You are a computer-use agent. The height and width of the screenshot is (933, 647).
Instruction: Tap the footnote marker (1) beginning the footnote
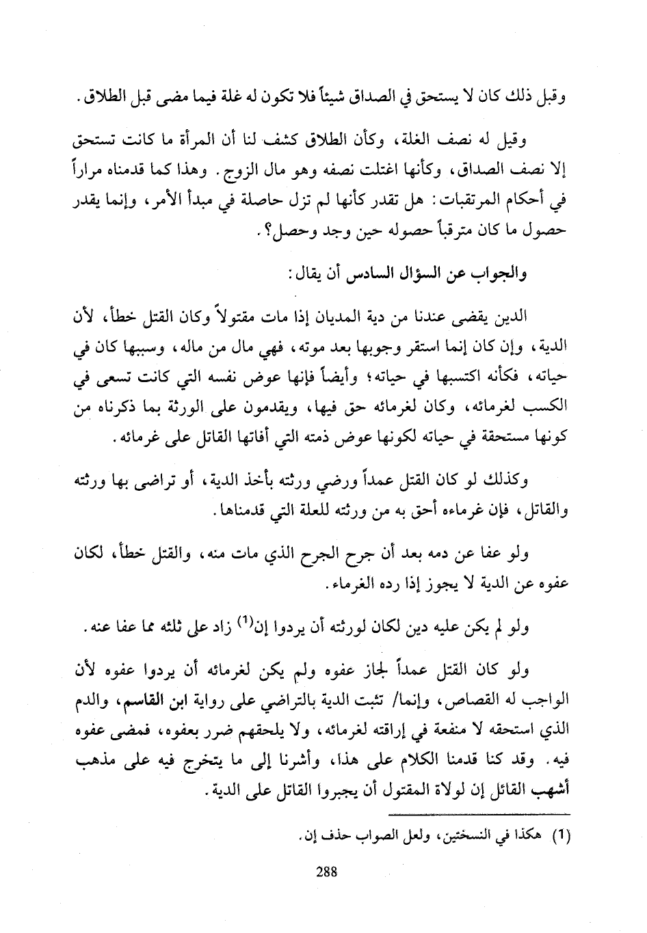click(560, 835)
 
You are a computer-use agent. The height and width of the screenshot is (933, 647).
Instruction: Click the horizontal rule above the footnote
click(478, 815)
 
